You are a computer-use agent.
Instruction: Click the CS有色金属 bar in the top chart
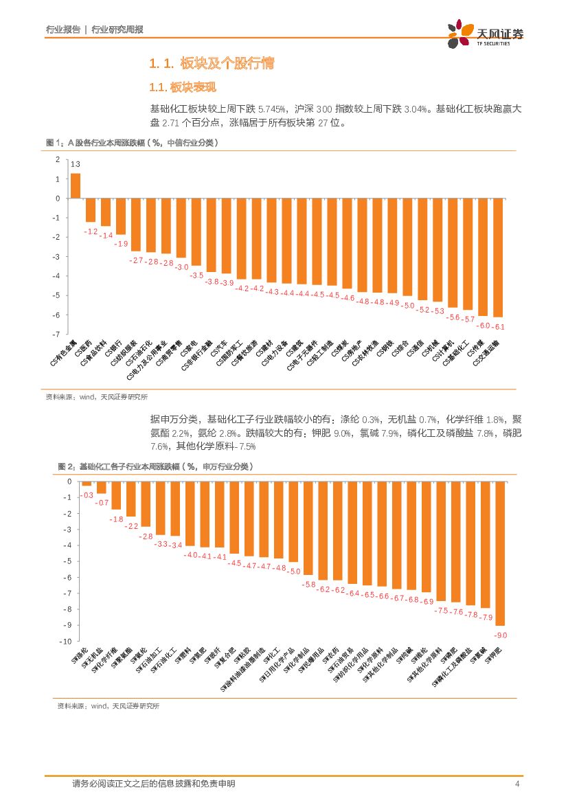point(76,185)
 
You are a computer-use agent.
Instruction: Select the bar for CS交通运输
point(498,257)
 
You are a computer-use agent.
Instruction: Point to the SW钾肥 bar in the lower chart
point(500,553)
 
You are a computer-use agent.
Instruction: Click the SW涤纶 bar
point(87,484)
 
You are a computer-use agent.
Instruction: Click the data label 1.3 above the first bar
point(76,164)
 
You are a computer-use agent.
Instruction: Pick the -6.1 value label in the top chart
point(499,326)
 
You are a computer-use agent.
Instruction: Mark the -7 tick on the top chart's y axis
point(58,334)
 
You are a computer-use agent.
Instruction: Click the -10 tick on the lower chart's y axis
point(65,642)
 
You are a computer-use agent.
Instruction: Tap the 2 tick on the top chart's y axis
point(58,159)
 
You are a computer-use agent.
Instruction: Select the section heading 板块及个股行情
point(227,64)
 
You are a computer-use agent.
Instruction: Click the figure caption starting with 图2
point(155,466)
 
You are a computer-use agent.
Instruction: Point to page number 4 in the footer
point(516,784)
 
